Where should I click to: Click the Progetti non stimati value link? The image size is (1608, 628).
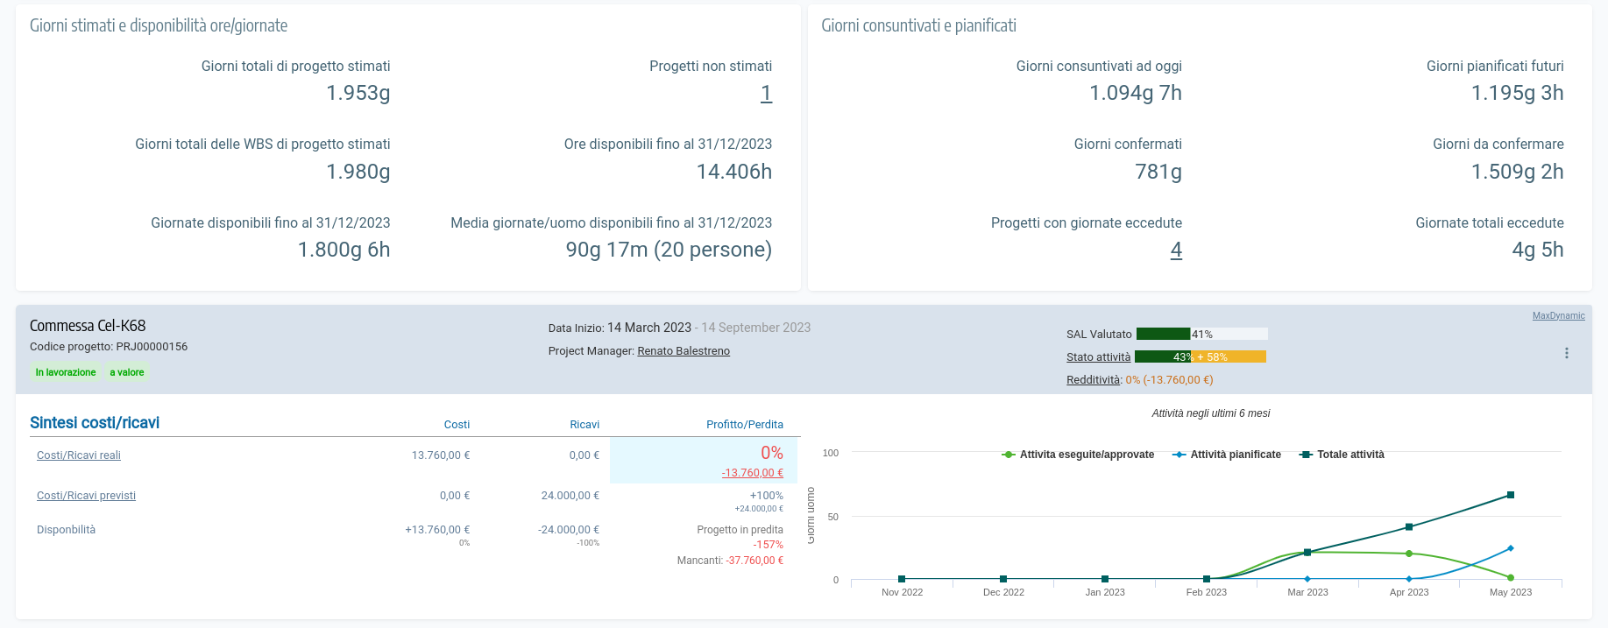click(766, 94)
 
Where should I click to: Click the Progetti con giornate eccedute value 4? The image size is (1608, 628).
click(1176, 250)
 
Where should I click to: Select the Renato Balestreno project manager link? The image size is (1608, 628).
click(684, 351)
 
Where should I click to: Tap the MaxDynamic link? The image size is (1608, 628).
click(1558, 315)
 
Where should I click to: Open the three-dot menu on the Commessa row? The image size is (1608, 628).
click(1567, 353)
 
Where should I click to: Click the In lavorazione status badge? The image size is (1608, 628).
click(66, 372)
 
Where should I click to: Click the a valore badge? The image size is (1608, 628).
click(127, 372)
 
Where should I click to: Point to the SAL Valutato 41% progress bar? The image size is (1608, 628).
click(1201, 334)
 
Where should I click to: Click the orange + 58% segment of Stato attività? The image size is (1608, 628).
click(1229, 356)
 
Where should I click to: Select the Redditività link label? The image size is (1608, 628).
click(1093, 380)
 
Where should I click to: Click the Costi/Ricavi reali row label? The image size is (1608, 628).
click(79, 455)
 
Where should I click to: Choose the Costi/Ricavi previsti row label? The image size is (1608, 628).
click(86, 496)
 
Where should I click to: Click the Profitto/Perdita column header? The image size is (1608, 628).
click(745, 425)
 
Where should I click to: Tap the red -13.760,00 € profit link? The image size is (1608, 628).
click(752, 473)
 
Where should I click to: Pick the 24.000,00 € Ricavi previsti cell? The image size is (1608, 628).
click(570, 496)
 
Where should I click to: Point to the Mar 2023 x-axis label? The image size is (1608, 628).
click(1307, 593)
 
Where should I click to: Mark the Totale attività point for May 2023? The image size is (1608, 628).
click(1511, 495)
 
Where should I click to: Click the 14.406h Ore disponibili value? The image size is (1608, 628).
click(734, 172)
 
